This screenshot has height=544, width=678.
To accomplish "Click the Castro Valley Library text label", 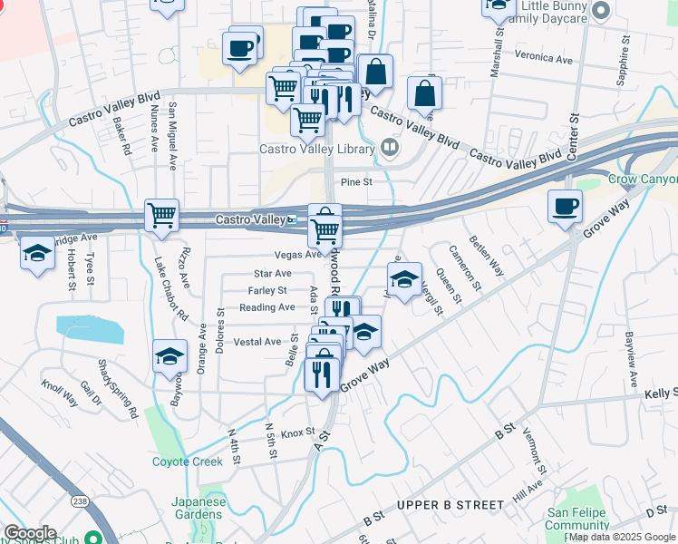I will (317, 149).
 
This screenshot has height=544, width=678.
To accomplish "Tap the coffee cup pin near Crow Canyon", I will (565, 206).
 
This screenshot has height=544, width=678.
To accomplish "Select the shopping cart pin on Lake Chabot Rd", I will (161, 217).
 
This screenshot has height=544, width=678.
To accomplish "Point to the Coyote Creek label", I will (187, 461).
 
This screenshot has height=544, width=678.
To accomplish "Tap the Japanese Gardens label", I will (198, 507).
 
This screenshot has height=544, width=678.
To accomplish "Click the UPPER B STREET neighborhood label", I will (450, 504).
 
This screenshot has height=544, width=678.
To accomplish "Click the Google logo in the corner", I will (30, 533).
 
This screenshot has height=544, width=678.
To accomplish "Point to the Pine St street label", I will (356, 182).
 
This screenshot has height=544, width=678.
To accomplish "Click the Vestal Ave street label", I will (257, 342).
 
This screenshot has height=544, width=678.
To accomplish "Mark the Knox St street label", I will (296, 432).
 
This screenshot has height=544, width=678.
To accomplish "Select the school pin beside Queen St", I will (405, 277).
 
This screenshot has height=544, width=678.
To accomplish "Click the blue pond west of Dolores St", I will (89, 329).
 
